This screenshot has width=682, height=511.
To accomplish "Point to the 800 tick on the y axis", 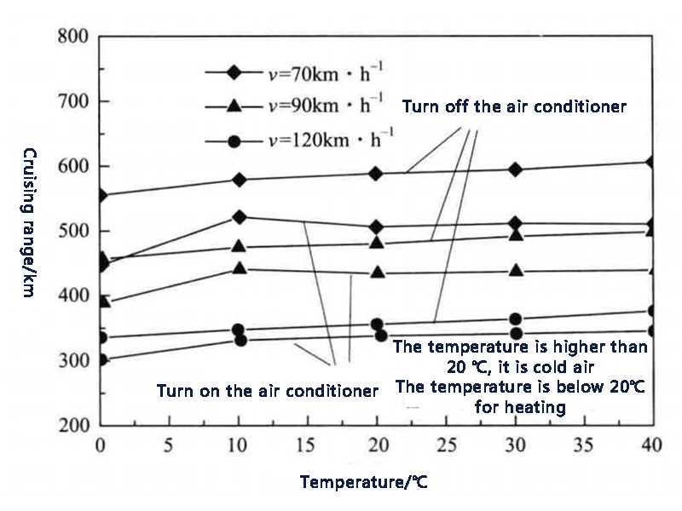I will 73,37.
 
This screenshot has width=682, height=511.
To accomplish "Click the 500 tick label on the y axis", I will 73,231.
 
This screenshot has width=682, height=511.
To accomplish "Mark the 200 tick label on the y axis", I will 73,425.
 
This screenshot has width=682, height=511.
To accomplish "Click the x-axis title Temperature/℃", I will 363,483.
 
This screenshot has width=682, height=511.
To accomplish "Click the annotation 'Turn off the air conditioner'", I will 514,107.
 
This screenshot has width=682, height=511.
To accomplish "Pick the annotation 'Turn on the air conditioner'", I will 267,391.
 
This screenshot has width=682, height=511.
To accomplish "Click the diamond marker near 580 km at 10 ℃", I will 240,180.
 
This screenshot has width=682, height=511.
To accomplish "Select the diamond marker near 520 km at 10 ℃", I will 240,217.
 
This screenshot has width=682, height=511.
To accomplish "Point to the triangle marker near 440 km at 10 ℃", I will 240,269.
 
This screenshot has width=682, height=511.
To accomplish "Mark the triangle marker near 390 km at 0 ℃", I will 101,301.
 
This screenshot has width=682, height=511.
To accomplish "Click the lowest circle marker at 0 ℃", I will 101,359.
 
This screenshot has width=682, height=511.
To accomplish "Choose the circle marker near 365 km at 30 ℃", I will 515,319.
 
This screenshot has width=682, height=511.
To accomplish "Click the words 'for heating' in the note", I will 520,407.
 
